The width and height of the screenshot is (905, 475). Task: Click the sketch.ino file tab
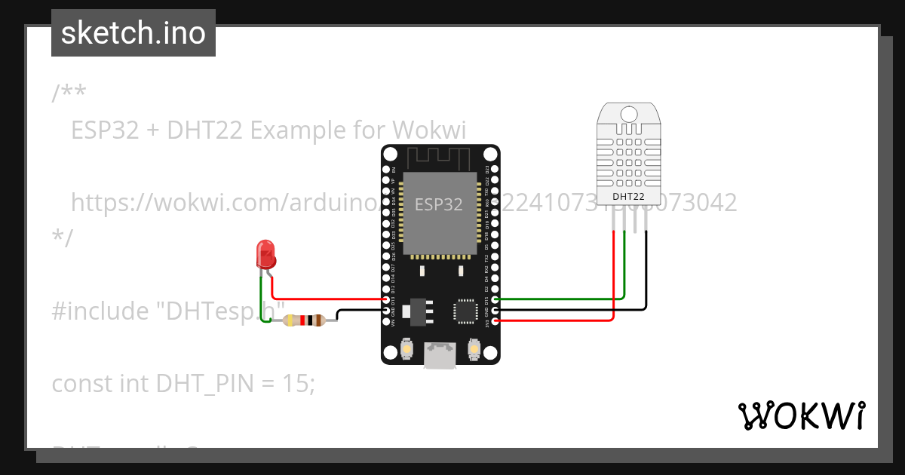pos(133,33)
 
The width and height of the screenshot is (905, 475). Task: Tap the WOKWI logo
pos(801,415)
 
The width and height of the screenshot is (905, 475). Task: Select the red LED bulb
pos(265,254)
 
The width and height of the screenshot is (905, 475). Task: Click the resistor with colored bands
pos(304,320)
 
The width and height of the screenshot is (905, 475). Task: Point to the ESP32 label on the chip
pos(439,204)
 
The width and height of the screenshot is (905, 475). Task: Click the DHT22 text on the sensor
pos(629,197)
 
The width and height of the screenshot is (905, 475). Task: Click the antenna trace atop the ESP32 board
pos(440,158)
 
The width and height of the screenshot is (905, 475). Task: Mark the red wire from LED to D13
pos(324,299)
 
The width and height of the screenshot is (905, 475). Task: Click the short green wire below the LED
pos(262,298)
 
